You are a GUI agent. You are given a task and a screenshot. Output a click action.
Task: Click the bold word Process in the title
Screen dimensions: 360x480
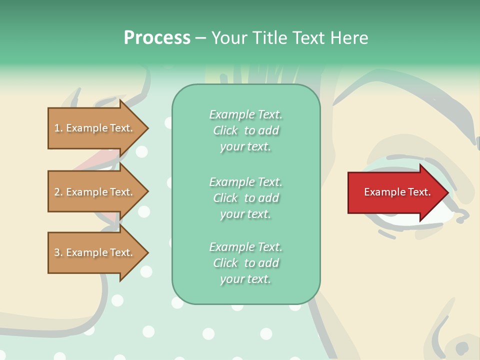pos(157,38)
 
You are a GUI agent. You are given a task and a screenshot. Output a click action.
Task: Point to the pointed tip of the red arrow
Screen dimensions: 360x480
pos(447,192)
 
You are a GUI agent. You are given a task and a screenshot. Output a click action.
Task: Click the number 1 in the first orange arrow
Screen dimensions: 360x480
pos(57,128)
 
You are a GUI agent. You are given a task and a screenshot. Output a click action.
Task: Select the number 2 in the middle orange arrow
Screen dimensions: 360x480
pos(57,192)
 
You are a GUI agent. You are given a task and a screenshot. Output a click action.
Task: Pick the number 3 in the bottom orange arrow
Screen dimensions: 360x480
pos(57,252)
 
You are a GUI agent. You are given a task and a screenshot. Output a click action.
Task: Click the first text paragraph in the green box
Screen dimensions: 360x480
pos(245,130)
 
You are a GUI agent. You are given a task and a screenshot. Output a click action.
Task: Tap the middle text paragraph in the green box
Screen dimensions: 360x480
pos(245,198)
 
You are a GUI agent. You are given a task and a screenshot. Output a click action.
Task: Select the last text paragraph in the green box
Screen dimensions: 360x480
pos(245,263)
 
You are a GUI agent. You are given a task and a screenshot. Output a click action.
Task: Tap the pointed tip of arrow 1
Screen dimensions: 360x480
pos(147,128)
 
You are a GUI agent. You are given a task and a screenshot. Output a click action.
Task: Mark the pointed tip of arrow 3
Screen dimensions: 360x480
pos(147,252)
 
